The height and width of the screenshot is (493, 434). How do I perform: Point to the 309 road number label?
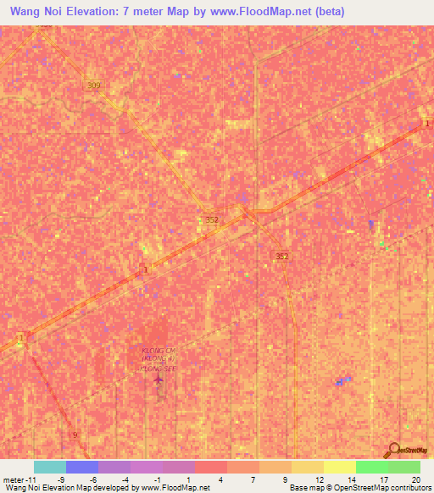point(93,86)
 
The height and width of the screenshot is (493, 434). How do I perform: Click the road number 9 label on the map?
point(75,435)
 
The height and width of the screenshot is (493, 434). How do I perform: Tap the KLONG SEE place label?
point(159,369)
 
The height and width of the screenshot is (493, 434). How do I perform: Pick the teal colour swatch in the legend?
point(50,467)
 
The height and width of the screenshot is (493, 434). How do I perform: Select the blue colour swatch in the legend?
point(82,467)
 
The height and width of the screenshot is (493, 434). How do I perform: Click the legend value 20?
point(415,479)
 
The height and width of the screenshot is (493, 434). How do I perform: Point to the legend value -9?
point(61,479)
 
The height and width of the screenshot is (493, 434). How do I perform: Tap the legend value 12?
point(318,479)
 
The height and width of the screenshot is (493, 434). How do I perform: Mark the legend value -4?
point(125,479)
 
